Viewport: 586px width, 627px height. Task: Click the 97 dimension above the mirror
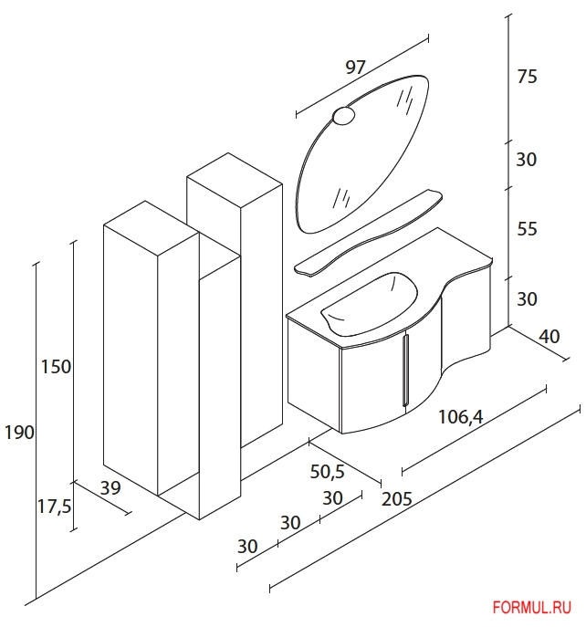355,68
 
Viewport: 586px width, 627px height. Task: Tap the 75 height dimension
527,77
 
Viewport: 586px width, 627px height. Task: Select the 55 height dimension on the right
527,229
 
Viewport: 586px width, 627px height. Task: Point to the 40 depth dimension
549,336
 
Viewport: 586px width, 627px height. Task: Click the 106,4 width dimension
461,417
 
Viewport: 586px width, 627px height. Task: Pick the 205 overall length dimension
397,499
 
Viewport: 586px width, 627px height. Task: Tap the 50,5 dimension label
327,472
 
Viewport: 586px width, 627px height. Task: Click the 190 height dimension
19,433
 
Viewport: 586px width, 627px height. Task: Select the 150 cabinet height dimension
57,367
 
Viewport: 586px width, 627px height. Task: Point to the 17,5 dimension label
54,507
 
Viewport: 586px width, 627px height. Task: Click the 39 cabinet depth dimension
110,488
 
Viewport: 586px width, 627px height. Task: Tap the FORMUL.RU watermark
532,608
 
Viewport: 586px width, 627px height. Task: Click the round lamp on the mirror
343,116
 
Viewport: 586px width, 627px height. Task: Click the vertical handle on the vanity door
406,371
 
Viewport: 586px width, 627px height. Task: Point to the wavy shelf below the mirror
369,233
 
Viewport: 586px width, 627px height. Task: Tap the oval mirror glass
362,154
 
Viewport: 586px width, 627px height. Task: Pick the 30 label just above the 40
527,298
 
